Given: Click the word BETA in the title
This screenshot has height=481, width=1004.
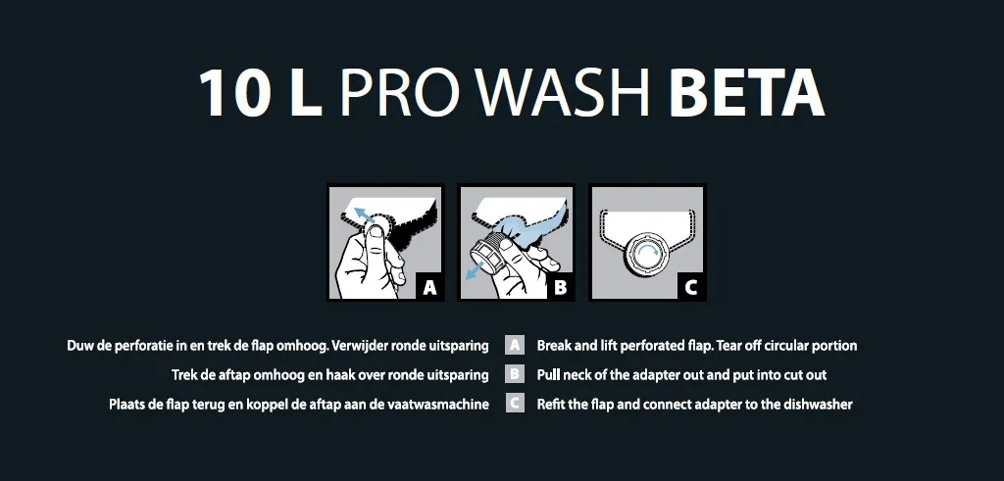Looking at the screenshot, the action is tap(746, 93).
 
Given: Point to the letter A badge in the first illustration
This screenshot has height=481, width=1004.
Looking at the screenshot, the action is tap(429, 287).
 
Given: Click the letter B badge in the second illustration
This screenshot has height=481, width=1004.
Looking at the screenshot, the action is tap(560, 287).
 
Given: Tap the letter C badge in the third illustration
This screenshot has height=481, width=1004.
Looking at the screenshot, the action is tap(691, 287).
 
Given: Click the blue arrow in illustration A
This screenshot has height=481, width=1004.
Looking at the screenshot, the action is tap(366, 216).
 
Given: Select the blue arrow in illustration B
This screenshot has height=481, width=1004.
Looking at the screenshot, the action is tap(475, 270).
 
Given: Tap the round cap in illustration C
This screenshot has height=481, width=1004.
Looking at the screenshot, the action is tap(648, 250).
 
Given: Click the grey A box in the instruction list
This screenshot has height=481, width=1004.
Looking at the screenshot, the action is tap(514, 346).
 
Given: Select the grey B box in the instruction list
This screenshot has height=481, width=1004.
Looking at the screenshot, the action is tap(514, 374).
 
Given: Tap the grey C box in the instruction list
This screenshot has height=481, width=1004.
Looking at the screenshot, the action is tap(514, 404).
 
